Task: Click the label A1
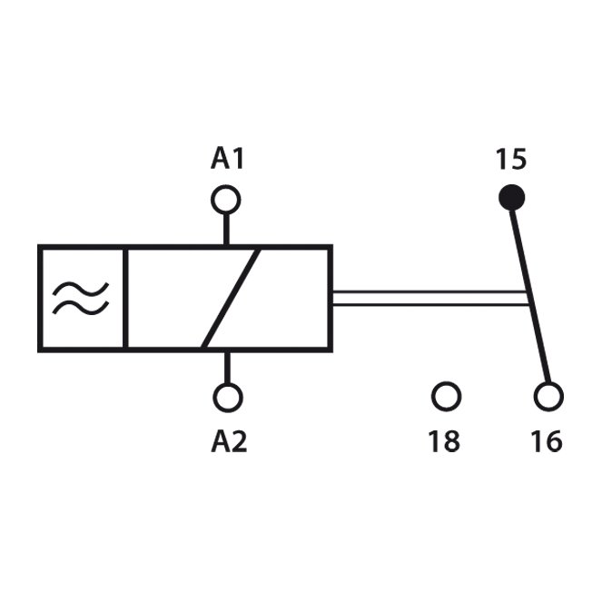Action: tap(227, 159)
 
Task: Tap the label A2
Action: tap(229, 441)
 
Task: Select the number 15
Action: tap(511, 159)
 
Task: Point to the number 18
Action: tap(444, 441)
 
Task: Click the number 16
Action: tap(548, 441)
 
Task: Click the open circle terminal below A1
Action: tap(226, 200)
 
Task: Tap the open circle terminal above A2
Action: tap(228, 398)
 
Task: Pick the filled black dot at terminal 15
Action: tap(511, 198)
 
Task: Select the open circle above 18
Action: tap(446, 396)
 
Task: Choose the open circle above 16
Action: tap(548, 397)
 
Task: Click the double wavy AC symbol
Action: tap(81, 299)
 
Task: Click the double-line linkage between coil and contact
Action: tap(430, 299)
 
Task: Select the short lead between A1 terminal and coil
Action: tap(226, 229)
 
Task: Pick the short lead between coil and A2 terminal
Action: tap(228, 368)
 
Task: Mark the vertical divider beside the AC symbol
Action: tap(125, 299)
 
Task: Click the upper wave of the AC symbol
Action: tap(81, 290)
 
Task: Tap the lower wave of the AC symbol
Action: tap(81, 307)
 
